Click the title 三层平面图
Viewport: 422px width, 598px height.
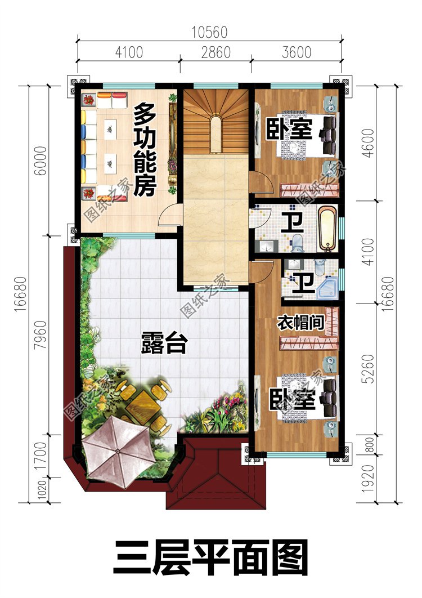pos(211,557)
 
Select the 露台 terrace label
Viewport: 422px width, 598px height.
pos(164,343)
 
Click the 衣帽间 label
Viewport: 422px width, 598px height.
pos(300,323)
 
